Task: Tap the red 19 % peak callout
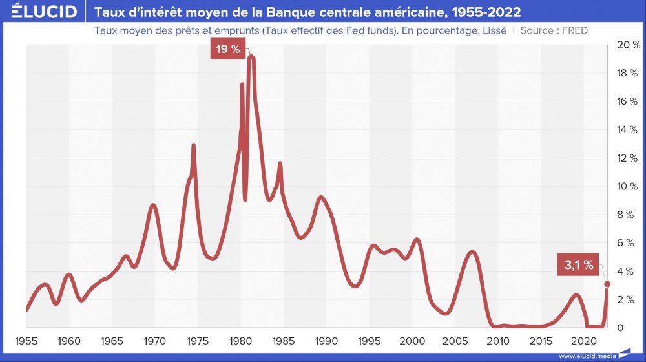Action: tap(227, 49)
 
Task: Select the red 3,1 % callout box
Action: tap(578, 264)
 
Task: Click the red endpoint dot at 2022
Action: tap(607, 284)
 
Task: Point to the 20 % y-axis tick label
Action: tap(628, 45)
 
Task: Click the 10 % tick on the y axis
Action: tap(628, 186)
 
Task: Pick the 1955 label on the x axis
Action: tap(26, 341)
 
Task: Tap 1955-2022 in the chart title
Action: tap(481, 12)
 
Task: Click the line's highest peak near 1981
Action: tap(251, 58)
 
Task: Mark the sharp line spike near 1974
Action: tap(193, 145)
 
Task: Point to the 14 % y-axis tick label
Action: tap(628, 129)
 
